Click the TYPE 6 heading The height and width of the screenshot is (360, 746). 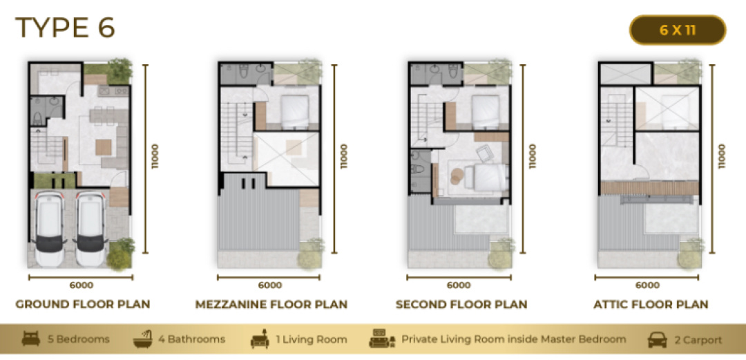65,27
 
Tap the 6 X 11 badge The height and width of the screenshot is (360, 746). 678,30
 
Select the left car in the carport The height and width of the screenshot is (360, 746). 50,229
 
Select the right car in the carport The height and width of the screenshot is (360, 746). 91,229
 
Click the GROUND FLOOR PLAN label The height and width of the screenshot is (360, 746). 83,304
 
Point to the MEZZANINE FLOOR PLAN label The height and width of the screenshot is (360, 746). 271,304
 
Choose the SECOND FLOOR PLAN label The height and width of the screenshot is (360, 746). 461,304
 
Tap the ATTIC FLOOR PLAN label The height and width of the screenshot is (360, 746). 651,304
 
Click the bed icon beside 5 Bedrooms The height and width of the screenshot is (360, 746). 31,339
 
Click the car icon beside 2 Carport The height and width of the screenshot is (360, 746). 657,340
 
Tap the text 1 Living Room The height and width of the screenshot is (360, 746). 312,339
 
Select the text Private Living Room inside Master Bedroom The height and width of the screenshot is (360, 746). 514,339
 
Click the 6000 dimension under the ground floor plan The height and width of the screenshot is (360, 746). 82,285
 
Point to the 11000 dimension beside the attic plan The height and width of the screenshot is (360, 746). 722,156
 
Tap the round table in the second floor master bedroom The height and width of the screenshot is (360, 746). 457,176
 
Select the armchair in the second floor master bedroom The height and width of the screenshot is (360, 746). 486,153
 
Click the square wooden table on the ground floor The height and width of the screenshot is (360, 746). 103,147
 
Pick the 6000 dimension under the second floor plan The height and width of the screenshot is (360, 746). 459,285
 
